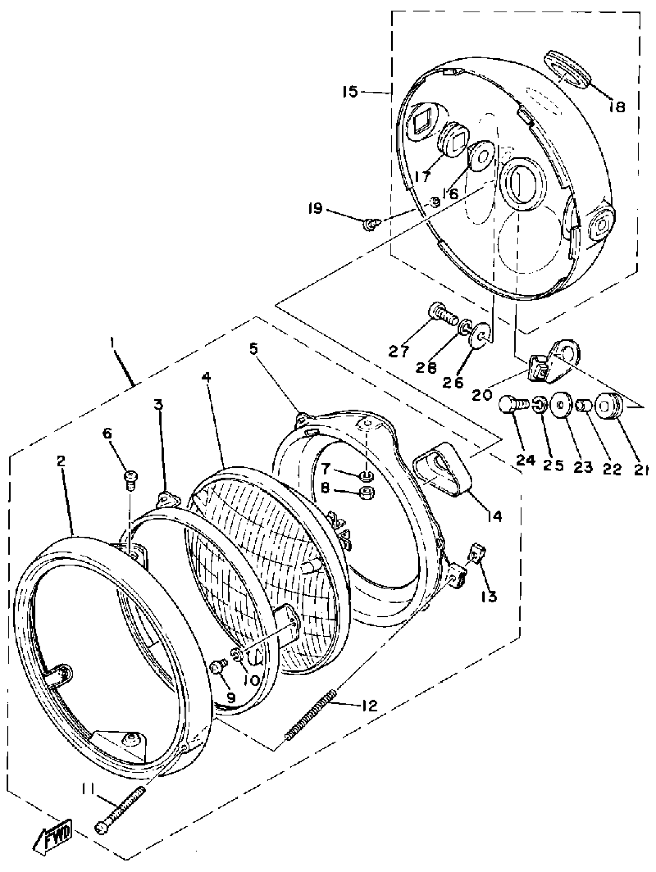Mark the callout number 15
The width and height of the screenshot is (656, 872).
coord(350,92)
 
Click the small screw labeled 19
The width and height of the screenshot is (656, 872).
coord(370,225)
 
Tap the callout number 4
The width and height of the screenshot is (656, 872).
coord(206,377)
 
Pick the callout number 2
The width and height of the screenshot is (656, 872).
coord(60,461)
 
